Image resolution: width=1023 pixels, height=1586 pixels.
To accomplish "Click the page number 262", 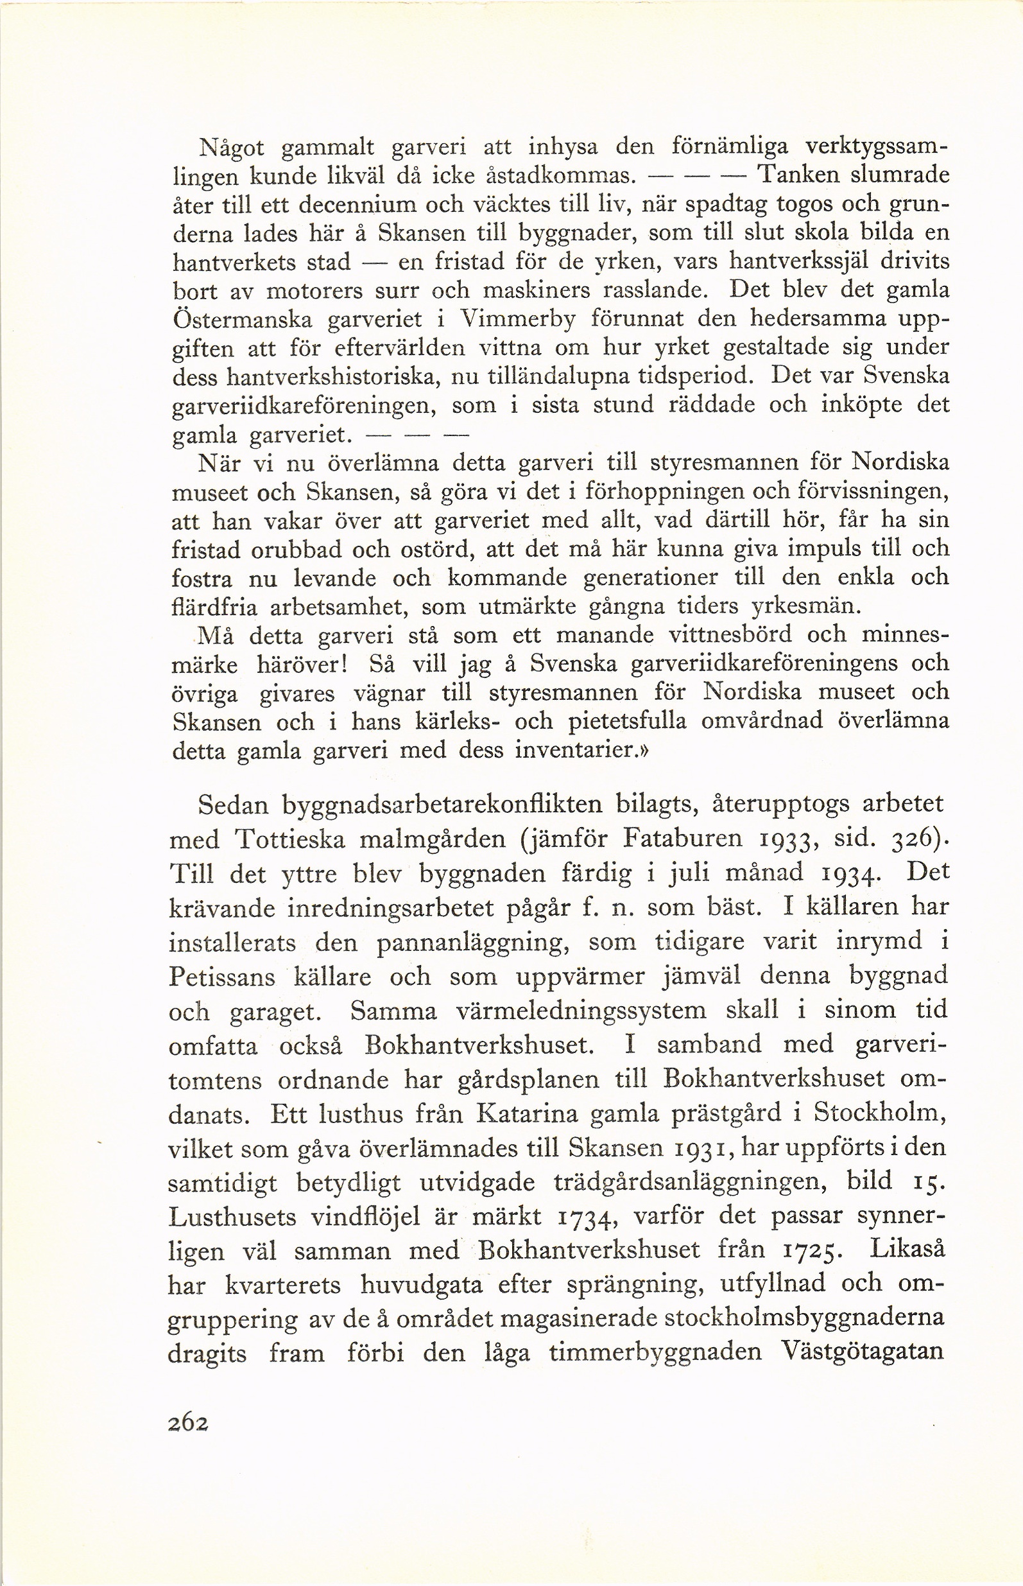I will [189, 1422].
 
